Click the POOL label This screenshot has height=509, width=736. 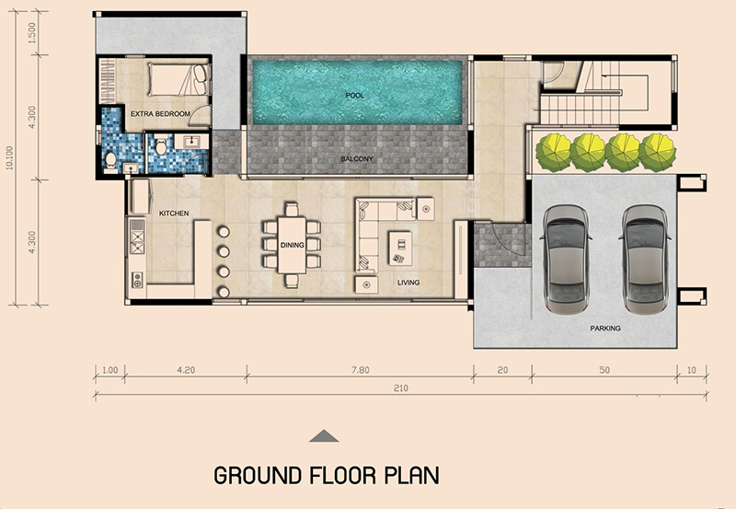[355, 96]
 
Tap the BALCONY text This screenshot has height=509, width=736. [357, 158]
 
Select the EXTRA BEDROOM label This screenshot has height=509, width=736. [160, 113]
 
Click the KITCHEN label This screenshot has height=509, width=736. [174, 214]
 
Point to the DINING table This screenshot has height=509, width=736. [292, 245]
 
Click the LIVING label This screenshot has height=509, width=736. [408, 283]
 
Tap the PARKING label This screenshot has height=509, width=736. [605, 329]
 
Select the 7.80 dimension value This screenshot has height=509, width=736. [361, 370]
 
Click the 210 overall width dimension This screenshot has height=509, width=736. [401, 388]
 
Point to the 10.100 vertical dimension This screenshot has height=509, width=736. [10, 157]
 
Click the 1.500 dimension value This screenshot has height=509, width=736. [32, 33]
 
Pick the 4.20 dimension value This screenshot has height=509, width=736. [186, 370]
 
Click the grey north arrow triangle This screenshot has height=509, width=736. [324, 436]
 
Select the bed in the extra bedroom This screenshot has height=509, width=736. [178, 79]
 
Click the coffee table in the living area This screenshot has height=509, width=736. [400, 248]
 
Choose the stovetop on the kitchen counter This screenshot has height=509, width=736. [137, 237]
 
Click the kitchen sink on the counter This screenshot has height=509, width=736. [136, 280]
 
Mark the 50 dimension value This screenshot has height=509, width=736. [604, 370]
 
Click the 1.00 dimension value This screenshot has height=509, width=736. [109, 370]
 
